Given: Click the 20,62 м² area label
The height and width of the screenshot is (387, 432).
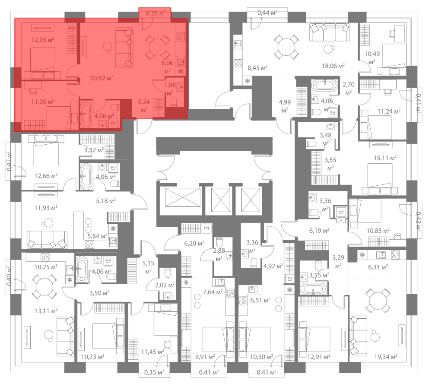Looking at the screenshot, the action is point(102,78).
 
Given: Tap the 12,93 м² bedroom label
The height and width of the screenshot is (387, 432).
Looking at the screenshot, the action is point(42,40).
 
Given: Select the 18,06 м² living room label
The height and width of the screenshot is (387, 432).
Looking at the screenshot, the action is point(333,66).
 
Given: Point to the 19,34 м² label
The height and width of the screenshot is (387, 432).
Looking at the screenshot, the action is point(385,357).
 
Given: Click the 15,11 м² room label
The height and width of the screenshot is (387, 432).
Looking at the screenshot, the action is point(385,158).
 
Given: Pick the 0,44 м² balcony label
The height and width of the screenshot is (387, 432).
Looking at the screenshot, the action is point(267,13).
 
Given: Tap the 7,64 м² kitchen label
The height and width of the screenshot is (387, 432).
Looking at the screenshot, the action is point(213,292).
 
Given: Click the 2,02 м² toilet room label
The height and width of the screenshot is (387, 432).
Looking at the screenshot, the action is point(165,285).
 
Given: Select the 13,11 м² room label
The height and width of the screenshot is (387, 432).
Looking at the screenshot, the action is point(46,311).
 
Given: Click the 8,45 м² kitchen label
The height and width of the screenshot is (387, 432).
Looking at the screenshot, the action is point(257,68).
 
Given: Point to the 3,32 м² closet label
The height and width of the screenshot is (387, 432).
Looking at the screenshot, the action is point(94,150).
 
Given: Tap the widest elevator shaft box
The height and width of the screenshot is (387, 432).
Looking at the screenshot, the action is point(183,197).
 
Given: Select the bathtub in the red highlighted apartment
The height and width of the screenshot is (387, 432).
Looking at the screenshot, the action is point(86,114).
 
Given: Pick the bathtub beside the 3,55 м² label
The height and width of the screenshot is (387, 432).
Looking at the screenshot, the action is point(314,289).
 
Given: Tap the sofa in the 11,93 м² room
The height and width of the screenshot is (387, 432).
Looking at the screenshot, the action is point(47,239).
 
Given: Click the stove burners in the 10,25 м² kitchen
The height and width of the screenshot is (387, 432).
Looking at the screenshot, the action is point(45,257).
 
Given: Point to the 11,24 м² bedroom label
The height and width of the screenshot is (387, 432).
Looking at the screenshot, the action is point(389,111).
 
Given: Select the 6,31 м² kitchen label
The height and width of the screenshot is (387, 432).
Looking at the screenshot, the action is point(378,267).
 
